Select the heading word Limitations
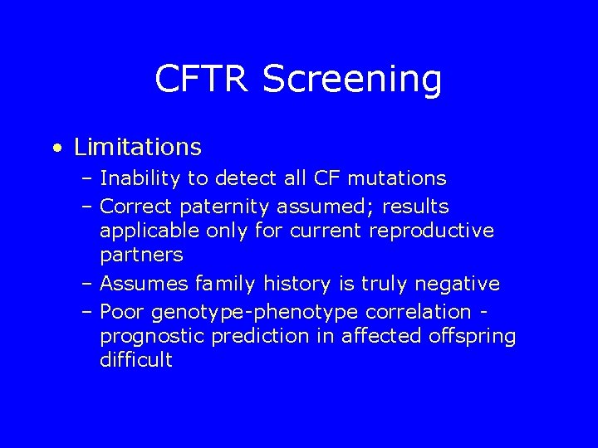pyautogui.click(x=137, y=147)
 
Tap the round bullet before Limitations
pyautogui.click(x=55, y=149)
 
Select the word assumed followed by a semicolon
pyautogui.click(x=321, y=205)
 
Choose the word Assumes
pyautogui.click(x=142, y=285)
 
